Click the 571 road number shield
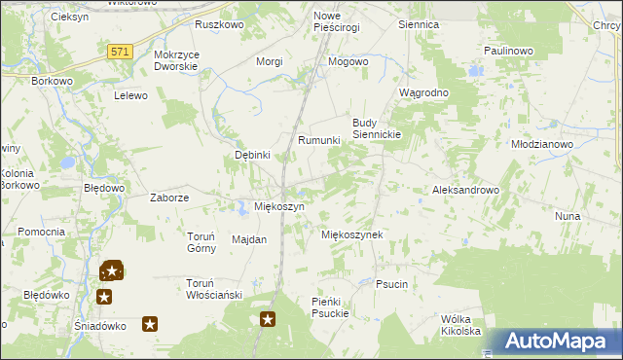pos(121,53)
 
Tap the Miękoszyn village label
pos(279,207)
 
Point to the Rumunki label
pos(318,140)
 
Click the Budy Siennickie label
pos(377,128)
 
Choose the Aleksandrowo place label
pos(465,191)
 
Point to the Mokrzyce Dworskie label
pos(176,61)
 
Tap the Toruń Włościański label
pos(212,288)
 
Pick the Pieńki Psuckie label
pos(336,307)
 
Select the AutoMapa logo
pos(559,341)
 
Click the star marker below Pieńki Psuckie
pos(268,319)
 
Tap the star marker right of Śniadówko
pos(150,324)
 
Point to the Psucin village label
pos(390,284)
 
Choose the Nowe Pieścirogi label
pos(336,21)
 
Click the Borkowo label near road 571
pos(54,82)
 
